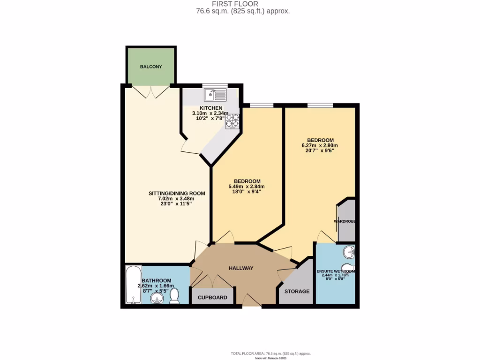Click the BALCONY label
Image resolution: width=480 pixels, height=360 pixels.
pyautogui.click(x=151, y=67)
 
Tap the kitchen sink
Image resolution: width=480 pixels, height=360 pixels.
pyautogui.click(x=215, y=96)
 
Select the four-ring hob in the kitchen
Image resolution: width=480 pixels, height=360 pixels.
pyautogui.click(x=232, y=121)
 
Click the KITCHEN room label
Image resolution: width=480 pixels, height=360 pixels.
pyautogui.click(x=211, y=108)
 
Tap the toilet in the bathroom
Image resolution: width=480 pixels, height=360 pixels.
pyautogui.click(x=174, y=296)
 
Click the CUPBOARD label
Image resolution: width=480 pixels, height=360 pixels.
pyautogui.click(x=212, y=298)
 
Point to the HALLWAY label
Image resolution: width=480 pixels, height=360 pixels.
pyautogui.click(x=241, y=268)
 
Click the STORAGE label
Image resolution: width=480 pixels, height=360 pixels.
pyautogui.click(x=298, y=291)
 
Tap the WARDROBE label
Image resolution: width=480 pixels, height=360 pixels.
pyautogui.click(x=345, y=221)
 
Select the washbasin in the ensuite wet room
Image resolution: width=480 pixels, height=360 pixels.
pyautogui.click(x=349, y=253)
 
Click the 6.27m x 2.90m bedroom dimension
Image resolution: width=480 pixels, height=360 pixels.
pyautogui.click(x=320, y=146)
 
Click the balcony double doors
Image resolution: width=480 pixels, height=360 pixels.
pyautogui.click(x=151, y=91)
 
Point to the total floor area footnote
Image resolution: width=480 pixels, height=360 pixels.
pyautogui.click(x=270, y=353)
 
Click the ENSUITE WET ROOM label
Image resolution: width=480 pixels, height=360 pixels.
pyautogui.click(x=335, y=271)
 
